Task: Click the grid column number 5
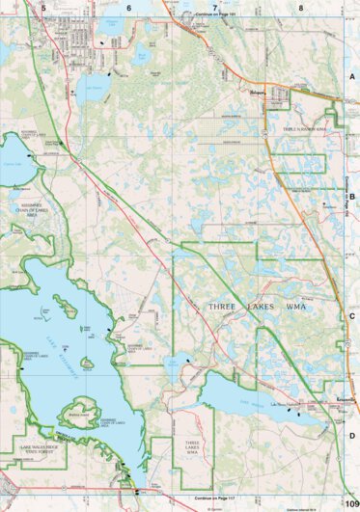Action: click(x=42, y=7)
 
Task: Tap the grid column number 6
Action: click(x=128, y=7)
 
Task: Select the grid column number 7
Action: click(x=214, y=7)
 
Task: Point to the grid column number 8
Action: click(x=301, y=7)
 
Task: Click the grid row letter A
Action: click(x=352, y=76)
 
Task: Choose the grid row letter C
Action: click(x=352, y=315)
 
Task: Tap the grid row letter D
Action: click(x=352, y=435)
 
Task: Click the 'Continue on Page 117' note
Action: click(x=214, y=498)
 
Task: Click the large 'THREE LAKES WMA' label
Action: click(x=256, y=306)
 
